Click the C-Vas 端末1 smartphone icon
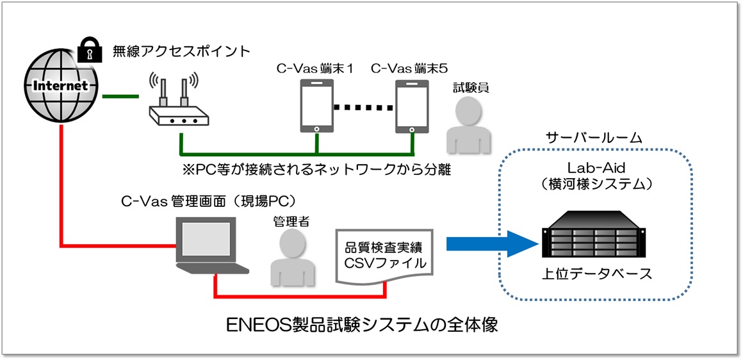(x=317, y=106)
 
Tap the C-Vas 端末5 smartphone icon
(x=411, y=106)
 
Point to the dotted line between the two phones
(x=364, y=106)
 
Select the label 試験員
(x=471, y=88)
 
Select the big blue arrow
(x=491, y=243)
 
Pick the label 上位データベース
(x=597, y=274)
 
